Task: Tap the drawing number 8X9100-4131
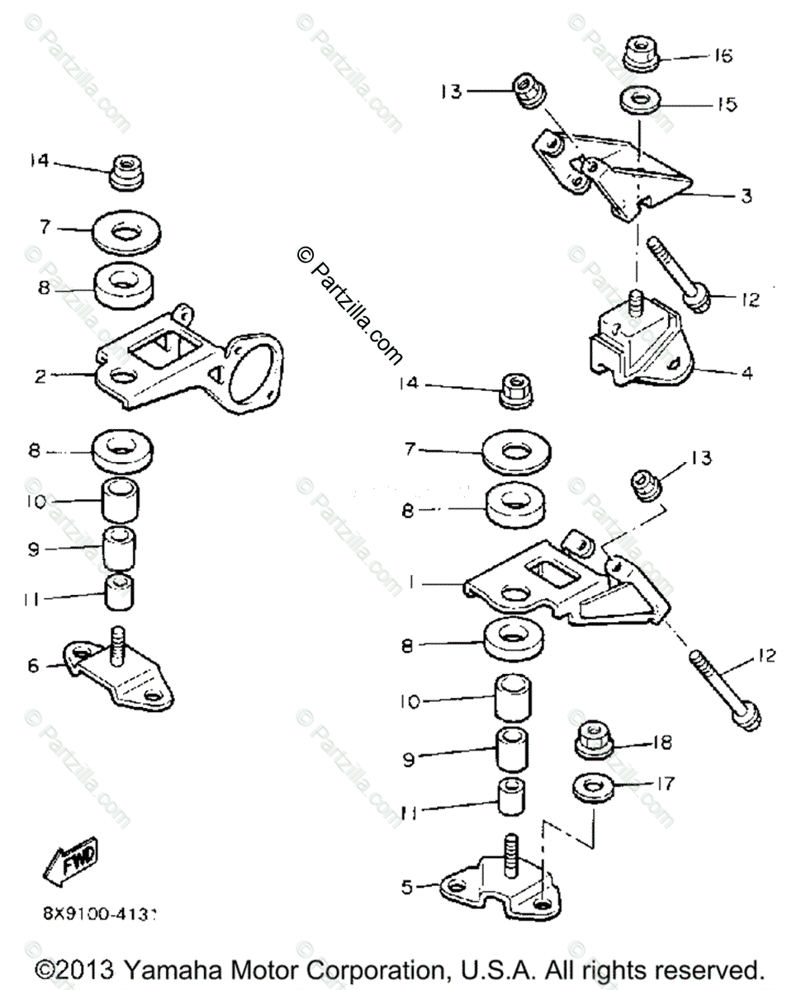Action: point(100,914)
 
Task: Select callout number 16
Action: point(723,56)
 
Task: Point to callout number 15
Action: point(726,105)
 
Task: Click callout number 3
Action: point(746,196)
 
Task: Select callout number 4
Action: point(746,373)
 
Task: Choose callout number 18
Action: point(661,742)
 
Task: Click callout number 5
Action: point(405,888)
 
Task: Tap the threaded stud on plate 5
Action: point(510,855)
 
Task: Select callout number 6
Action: point(33,665)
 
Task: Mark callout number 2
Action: point(40,376)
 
